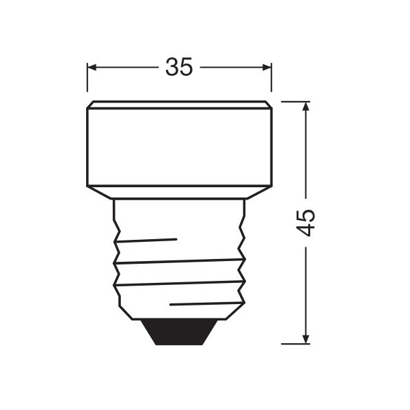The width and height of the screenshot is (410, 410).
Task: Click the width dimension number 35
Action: [179, 67]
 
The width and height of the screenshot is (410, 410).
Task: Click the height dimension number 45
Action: [305, 223]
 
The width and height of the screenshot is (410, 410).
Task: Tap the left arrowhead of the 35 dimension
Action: [92, 67]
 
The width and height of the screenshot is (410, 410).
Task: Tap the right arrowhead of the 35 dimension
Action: [266, 67]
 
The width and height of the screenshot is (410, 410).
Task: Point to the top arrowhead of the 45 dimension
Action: [305, 107]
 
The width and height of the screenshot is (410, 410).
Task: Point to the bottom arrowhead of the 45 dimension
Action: [305, 339]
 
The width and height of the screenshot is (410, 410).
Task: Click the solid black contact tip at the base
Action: [179, 332]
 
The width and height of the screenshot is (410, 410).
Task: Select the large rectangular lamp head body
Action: [179, 147]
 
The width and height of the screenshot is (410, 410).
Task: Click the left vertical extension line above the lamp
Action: [87, 77]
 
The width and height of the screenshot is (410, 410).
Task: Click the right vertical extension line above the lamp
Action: [271, 77]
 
